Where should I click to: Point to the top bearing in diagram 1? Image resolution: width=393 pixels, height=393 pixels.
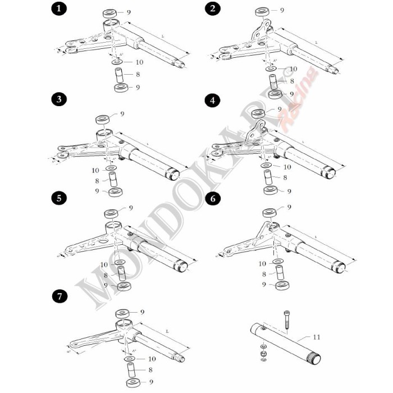[110, 12]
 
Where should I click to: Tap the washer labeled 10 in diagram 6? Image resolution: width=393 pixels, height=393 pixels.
[278, 262]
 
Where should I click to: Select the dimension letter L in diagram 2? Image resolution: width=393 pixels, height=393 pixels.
[316, 42]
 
